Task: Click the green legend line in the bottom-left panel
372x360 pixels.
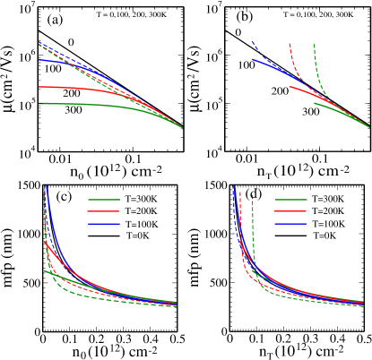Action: pyautogui.click(x=103, y=200)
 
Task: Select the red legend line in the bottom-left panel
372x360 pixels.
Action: pyautogui.click(x=103, y=211)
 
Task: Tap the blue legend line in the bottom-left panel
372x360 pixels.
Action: pyautogui.click(x=103, y=223)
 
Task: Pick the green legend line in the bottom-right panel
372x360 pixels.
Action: pyautogui.click(x=290, y=200)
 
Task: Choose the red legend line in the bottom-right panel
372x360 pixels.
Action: pyautogui.click(x=290, y=211)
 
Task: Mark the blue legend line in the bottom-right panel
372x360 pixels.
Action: pyautogui.click(x=290, y=223)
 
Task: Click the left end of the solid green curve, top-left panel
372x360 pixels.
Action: pyautogui.click(x=39, y=103)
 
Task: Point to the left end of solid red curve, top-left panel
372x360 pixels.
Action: pyautogui.click(x=39, y=87)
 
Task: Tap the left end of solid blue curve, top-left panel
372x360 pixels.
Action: pyautogui.click(x=39, y=60)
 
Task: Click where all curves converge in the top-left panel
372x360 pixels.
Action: pyautogui.click(x=182, y=127)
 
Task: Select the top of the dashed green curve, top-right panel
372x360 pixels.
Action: pyautogui.click(x=315, y=44)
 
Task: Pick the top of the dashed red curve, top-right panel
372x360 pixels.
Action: pyautogui.click(x=289, y=43)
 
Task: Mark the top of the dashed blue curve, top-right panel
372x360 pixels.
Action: pyautogui.click(x=253, y=41)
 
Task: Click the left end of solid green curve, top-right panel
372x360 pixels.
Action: pyautogui.click(x=315, y=103)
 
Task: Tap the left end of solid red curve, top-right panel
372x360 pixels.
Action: pyautogui.click(x=290, y=87)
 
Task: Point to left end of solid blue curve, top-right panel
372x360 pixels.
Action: pyautogui.click(x=253, y=60)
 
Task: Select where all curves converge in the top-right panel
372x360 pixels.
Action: pyautogui.click(x=368, y=127)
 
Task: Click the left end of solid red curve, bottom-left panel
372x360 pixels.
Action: pyautogui.click(x=45, y=242)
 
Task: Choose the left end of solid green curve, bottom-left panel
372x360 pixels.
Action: pyautogui.click(x=45, y=270)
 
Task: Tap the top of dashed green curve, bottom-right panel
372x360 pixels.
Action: pyautogui.click(x=252, y=195)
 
